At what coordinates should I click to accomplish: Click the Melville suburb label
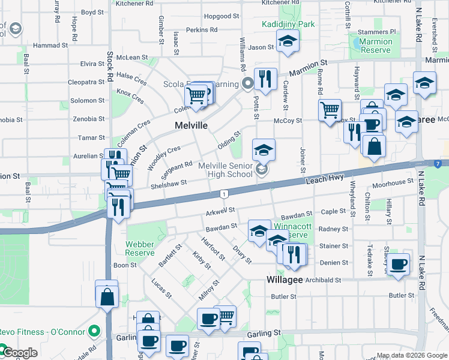click(x=191, y=126)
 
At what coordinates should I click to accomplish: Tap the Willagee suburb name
click(x=285, y=280)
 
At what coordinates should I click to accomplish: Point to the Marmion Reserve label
click(x=376, y=46)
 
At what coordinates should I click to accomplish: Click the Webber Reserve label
click(x=140, y=249)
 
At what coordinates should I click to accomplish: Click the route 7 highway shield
click(x=439, y=163)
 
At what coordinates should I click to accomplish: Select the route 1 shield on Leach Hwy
click(x=223, y=194)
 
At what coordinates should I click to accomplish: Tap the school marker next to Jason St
click(x=288, y=41)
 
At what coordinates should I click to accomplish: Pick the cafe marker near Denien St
click(x=398, y=264)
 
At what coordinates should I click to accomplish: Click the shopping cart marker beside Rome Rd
click(x=330, y=110)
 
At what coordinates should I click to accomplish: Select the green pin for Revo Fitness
click(x=93, y=331)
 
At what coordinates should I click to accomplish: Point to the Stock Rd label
click(x=110, y=66)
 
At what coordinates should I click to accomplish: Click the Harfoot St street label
click(x=214, y=251)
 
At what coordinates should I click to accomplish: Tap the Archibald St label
click(x=322, y=280)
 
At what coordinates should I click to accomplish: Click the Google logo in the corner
click(x=19, y=353)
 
